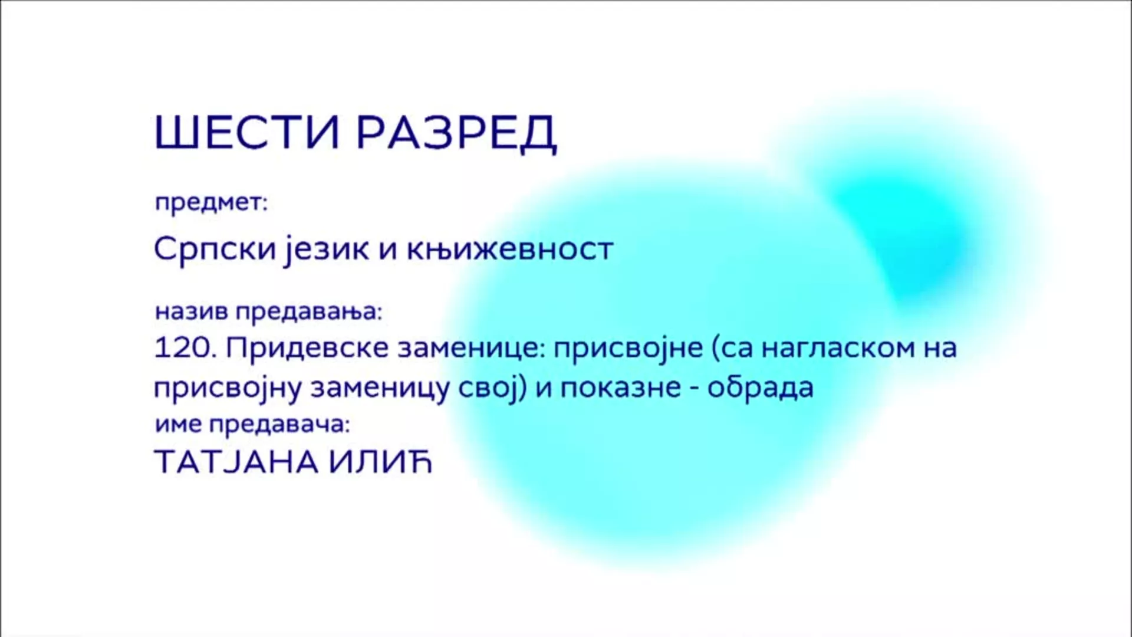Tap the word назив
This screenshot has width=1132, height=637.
point(192,311)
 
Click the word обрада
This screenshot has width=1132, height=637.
point(761,388)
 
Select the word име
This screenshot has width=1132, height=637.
point(179,425)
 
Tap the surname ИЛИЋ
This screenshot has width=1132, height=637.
point(381,462)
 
